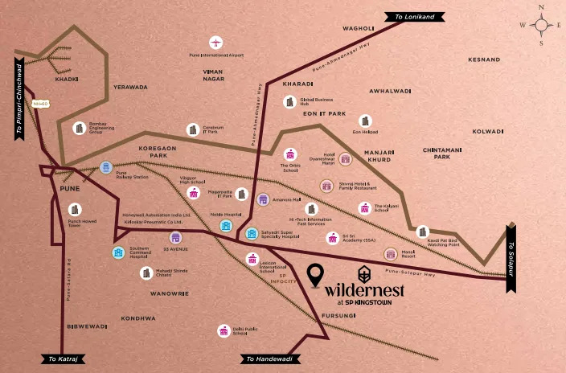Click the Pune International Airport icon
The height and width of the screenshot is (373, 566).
click(x=215, y=42)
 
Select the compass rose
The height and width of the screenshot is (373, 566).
click(x=540, y=26)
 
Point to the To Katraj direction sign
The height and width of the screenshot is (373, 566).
click(x=64, y=359)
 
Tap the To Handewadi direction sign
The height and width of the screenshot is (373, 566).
click(x=269, y=359)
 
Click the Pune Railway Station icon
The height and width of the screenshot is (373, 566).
click(x=106, y=167)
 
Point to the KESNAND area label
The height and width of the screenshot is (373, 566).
click(x=484, y=60)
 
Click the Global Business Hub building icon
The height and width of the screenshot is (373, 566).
click(x=289, y=102)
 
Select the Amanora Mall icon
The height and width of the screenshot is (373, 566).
click(x=263, y=199)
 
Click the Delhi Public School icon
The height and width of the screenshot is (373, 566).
click(x=224, y=330)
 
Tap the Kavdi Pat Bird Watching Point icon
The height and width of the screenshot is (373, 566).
click(x=423, y=232)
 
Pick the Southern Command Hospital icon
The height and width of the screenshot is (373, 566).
click(x=118, y=252)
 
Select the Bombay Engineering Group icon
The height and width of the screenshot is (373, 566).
click(x=79, y=128)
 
